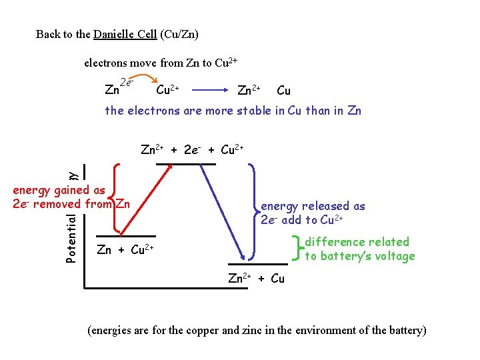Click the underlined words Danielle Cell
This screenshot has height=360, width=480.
point(125,34)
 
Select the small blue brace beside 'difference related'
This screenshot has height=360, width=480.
point(297,249)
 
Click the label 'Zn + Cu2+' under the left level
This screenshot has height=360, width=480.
point(125,251)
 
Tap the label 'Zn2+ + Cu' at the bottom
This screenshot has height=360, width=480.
point(256,279)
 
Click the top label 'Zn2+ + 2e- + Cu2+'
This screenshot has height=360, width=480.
point(192,150)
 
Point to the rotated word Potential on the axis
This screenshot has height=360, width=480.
point(71,237)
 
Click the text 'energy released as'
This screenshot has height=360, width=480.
point(313,207)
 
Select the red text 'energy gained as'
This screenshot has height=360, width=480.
point(59,190)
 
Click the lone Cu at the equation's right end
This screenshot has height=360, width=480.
point(283,90)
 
